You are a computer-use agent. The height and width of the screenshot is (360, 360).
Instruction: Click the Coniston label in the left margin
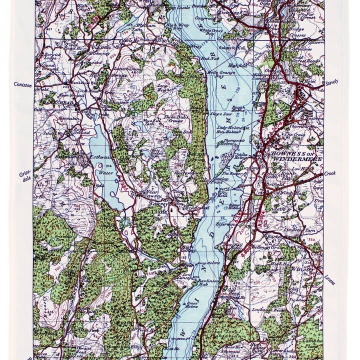(23, 85)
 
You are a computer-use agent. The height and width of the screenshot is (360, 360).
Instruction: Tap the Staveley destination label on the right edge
(331, 80)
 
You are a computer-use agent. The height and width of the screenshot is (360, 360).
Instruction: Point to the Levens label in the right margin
(329, 280)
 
